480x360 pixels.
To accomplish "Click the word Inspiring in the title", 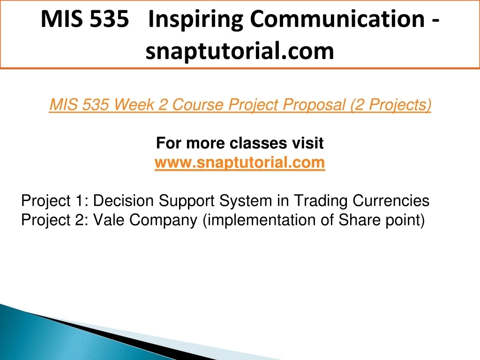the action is (196, 20).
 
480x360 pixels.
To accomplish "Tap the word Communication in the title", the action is (337, 19).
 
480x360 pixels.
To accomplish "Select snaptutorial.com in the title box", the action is (240, 51).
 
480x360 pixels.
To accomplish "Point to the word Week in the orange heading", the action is (134, 105).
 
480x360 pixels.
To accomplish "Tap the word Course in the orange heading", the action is (198, 105).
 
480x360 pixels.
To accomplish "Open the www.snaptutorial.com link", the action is (240, 162).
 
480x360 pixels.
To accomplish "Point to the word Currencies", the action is (391, 201).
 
